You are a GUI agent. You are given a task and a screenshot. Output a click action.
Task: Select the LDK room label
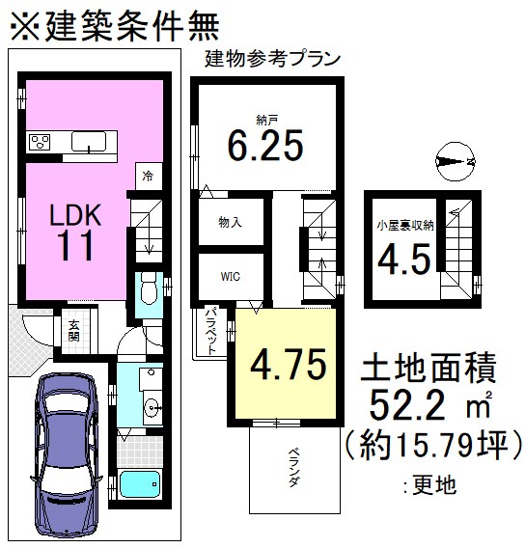point(74,214)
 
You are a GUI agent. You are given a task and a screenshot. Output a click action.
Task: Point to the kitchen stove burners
point(41,144)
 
